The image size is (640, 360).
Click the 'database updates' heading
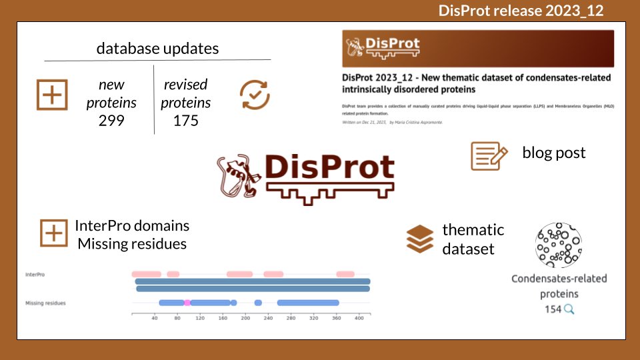[157, 48]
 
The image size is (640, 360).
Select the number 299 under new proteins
[111, 121]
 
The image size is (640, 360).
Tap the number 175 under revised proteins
[187, 121]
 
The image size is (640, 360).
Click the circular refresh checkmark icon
[255, 95]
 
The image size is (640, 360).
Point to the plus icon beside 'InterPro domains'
[53, 233]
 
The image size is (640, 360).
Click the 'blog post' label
[553, 153]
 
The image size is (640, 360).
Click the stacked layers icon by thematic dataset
[419, 239]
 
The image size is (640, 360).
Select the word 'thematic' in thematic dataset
[473, 230]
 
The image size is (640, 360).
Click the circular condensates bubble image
[559, 245]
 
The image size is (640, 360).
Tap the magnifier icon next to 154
[569, 309]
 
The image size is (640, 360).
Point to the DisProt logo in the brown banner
[383, 47]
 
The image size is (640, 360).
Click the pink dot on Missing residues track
[187, 303]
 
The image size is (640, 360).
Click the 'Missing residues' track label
[45, 303]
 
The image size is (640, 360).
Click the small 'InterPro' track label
[35, 274]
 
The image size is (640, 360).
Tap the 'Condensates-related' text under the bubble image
[559, 279]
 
